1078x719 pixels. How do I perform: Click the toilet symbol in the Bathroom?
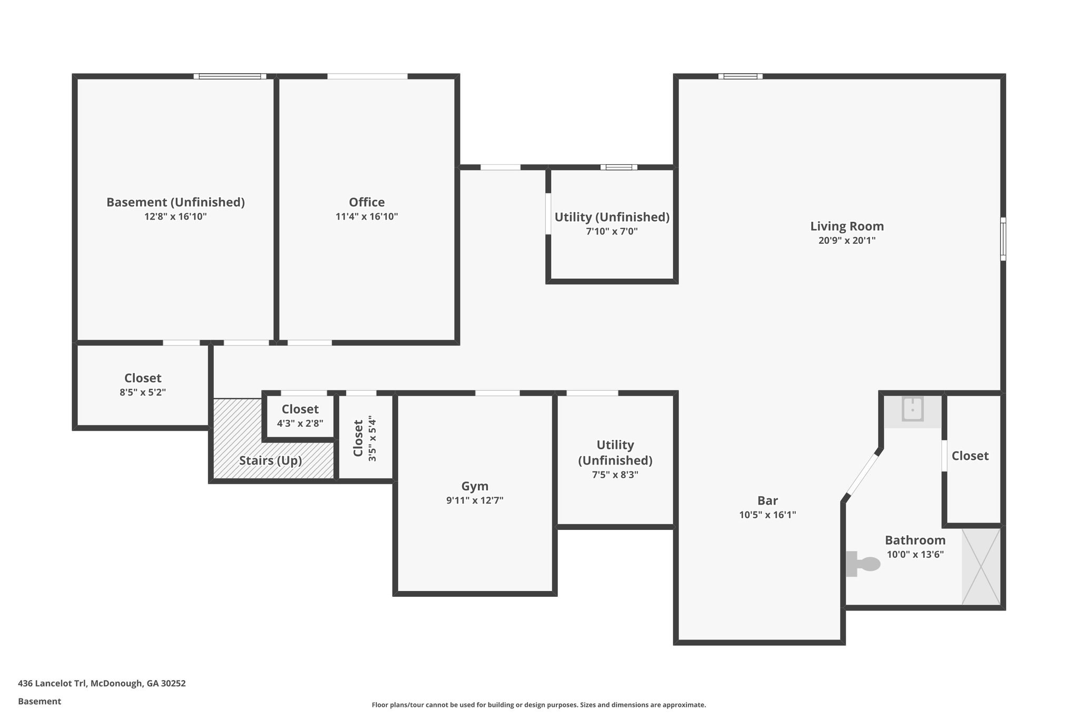click(x=863, y=564)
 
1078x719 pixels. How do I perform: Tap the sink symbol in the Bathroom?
click(x=912, y=409)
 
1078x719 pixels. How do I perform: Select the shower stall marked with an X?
click(x=981, y=566)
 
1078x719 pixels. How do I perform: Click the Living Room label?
click(x=846, y=226)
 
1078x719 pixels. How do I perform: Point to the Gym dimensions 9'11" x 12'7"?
click(x=474, y=500)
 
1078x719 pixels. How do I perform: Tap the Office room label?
click(x=366, y=202)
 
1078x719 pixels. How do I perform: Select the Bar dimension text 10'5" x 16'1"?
click(x=767, y=515)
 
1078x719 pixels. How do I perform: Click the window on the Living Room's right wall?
click(x=1003, y=239)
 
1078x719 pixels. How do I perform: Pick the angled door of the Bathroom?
click(x=862, y=475)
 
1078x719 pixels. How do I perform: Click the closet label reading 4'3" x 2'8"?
click(x=300, y=423)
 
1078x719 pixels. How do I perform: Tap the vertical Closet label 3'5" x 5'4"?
click(x=365, y=438)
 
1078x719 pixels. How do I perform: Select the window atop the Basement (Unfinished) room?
click(x=229, y=76)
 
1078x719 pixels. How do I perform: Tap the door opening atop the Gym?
click(x=497, y=393)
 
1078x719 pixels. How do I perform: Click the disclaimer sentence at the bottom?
click(x=538, y=705)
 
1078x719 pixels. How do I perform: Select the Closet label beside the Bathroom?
click(x=970, y=456)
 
